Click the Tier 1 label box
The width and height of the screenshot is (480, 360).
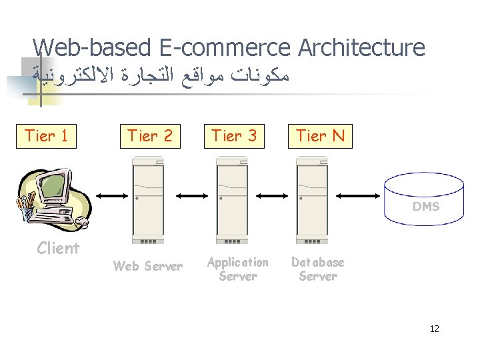(x=45, y=136)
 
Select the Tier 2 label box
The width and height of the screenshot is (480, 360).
(x=151, y=136)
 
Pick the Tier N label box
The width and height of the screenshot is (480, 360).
(x=319, y=136)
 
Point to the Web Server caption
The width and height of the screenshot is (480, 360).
(x=148, y=267)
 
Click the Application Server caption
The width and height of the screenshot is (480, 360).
(x=237, y=269)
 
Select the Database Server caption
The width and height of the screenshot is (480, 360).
(x=317, y=269)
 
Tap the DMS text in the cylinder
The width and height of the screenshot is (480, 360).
(x=426, y=207)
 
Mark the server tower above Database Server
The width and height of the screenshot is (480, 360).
(x=317, y=199)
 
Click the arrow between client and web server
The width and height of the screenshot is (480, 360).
(x=109, y=195)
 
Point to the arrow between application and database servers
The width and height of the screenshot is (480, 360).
(x=275, y=195)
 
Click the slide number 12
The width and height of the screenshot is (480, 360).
(x=434, y=329)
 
